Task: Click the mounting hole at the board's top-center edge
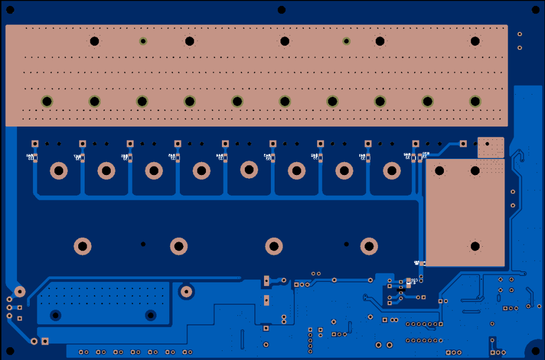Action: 282,10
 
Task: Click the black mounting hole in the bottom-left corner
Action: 9,351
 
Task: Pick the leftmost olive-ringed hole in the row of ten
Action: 47,101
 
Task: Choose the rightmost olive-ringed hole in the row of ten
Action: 475,101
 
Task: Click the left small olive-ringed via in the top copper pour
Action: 143,41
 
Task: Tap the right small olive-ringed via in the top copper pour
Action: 346,41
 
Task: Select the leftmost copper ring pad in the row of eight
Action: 59,171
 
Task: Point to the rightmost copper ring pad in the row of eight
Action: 392,171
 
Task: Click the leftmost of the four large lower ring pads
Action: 82,246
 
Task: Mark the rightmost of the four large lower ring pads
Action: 368,246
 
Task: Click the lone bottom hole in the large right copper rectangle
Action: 475,246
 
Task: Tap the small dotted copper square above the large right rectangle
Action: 490,147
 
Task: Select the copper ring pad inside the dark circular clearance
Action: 186,291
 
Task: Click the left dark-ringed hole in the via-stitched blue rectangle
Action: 55,315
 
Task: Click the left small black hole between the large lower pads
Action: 143,244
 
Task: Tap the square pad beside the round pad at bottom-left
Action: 45,341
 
